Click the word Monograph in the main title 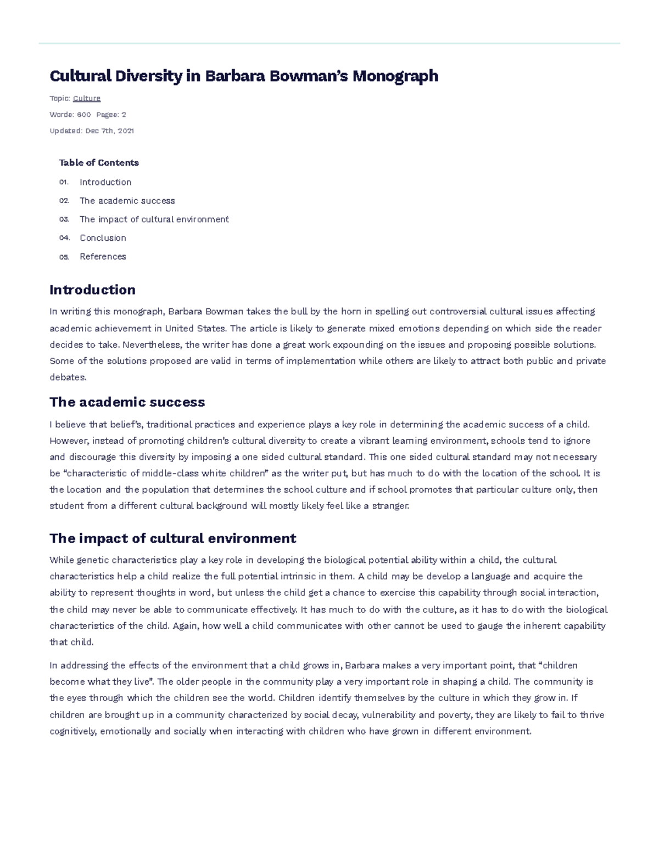click(x=395, y=76)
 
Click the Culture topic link click(x=87, y=98)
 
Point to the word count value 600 click(x=84, y=115)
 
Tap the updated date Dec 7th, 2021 click(x=110, y=131)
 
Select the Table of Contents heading click(x=99, y=163)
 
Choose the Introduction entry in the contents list click(x=105, y=182)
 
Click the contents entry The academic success click(x=127, y=201)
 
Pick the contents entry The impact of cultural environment click(x=154, y=219)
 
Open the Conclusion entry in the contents click(x=103, y=238)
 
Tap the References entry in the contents click(x=103, y=257)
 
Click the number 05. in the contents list click(x=64, y=257)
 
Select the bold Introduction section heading click(x=92, y=290)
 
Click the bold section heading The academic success click(x=127, y=402)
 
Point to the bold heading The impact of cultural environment click(x=172, y=538)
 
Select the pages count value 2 click(x=124, y=115)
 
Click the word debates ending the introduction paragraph click(x=68, y=377)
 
